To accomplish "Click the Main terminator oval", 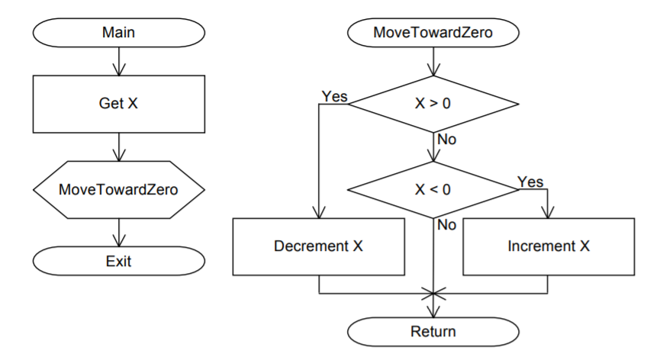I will point(118,34).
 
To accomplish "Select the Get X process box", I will point(118,104).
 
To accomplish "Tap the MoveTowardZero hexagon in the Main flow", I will point(118,188).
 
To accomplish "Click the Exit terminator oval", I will point(118,262).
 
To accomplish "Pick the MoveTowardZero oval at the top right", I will point(433,34).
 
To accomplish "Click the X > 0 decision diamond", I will point(433,104).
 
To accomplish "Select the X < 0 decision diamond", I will point(433,188).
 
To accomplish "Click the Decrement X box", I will point(319,246).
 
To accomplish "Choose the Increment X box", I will point(548,246).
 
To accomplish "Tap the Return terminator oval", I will point(433,331).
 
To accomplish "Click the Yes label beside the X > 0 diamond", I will point(334,96).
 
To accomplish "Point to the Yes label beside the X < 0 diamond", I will point(530,182).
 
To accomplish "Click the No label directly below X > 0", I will point(446,140).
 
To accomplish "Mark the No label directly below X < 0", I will point(446,225).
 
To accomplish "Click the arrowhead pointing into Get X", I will point(118,70).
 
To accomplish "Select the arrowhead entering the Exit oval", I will point(118,242).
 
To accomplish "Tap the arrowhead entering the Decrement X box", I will point(319,214).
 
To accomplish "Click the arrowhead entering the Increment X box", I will point(548,214).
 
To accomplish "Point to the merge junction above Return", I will point(433,293).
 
